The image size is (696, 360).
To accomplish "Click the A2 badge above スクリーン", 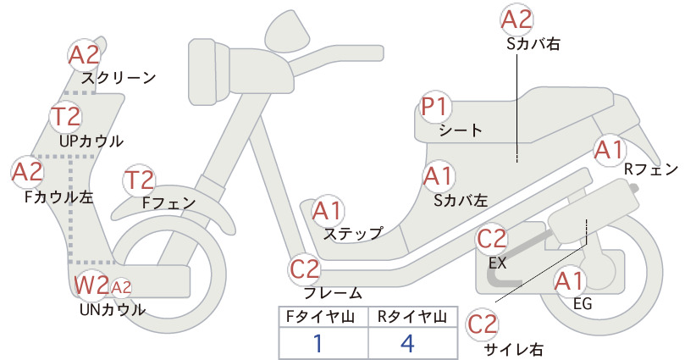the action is coord(84,55).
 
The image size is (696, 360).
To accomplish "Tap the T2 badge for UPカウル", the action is coord(66,116).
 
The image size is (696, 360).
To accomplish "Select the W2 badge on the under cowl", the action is coord(91,285).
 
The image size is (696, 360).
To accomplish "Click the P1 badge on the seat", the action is coord(436,107).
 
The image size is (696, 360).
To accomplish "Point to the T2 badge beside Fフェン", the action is coord(140,180).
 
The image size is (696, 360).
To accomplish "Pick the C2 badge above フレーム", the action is coord(305,269).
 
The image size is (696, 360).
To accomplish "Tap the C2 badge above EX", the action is coord(491,239).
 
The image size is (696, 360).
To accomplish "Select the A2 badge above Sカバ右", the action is coord(516,20).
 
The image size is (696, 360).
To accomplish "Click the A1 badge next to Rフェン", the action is coord(610,150).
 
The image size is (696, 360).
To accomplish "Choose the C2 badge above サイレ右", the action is coord(483,324).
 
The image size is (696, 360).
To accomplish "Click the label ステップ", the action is coord(353,234).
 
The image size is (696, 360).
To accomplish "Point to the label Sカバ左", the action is coord(461,201).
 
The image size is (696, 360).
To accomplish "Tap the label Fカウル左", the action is coord(59,197).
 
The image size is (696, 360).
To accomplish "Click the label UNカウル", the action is coord(113,309).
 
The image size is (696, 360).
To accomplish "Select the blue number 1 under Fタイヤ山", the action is coord(318,343).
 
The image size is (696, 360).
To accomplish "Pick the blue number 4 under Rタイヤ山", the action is coord(407,343).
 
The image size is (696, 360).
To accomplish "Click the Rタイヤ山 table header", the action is coord(412,317).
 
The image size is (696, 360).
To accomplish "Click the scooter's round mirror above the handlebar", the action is coord(287,28).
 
